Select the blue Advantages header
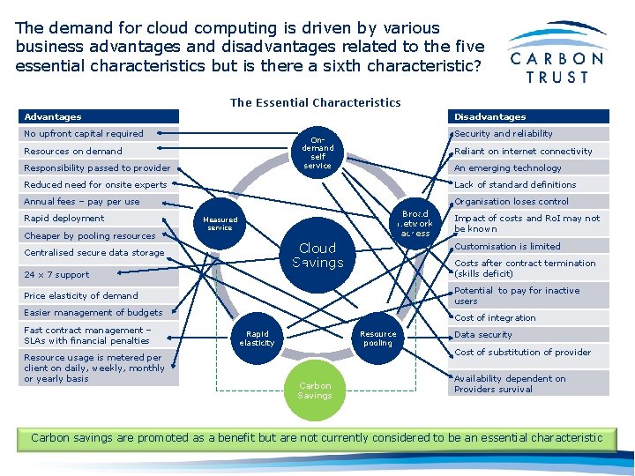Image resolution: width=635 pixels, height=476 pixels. click(99, 116)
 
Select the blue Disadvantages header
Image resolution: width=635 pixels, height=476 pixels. click(528, 116)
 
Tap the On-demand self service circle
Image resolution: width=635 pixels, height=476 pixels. click(317, 152)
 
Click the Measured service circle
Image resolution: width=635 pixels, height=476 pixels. click(220, 224)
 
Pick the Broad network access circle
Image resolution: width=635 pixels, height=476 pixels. click(415, 224)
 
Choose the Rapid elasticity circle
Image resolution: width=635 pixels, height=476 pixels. click(258, 338)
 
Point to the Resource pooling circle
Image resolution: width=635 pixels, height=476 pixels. click(377, 338)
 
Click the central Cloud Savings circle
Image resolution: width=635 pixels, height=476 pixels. click(317, 256)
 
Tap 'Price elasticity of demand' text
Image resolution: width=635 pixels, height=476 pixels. click(81, 296)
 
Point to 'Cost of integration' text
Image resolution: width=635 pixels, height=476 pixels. click(495, 318)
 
